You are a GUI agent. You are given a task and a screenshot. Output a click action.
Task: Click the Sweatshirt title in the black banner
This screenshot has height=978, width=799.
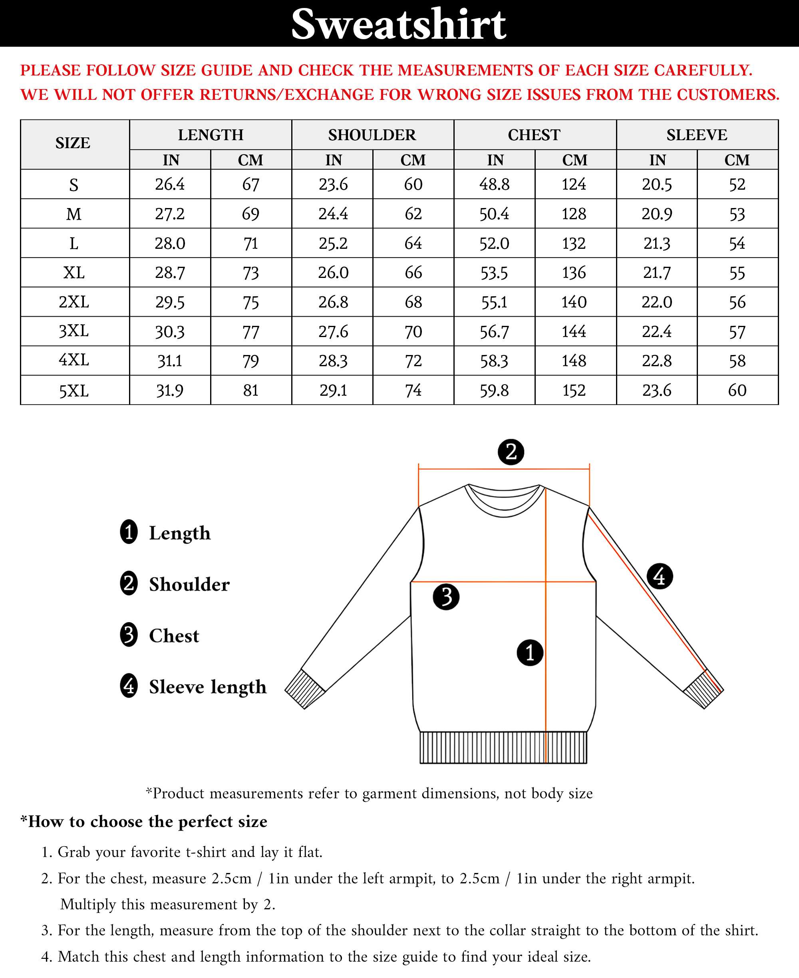[x=399, y=24]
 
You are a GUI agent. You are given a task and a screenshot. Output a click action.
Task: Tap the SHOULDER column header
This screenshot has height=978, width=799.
[x=372, y=135]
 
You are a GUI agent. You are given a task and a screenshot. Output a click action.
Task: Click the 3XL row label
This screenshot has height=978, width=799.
[x=74, y=331]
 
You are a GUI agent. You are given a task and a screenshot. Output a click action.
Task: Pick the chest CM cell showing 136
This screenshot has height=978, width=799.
[x=574, y=272]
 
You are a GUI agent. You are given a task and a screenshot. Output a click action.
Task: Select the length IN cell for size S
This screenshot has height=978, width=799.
[x=170, y=184]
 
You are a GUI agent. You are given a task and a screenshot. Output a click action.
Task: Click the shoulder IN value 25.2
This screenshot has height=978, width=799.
[x=333, y=243]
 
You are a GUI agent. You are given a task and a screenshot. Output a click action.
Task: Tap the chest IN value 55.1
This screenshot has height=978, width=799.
[x=494, y=302]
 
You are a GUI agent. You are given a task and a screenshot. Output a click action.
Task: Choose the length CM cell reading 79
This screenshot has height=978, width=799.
[x=251, y=361]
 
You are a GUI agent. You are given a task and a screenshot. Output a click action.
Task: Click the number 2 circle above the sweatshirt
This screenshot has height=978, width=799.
[x=511, y=452]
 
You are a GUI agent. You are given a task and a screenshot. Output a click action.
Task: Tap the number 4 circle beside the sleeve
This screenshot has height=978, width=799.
[x=660, y=576]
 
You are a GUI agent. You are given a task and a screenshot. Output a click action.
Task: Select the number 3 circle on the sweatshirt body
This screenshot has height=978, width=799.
[x=446, y=597]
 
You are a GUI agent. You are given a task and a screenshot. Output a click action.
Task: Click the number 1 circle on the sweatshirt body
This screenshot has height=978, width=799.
[x=530, y=652]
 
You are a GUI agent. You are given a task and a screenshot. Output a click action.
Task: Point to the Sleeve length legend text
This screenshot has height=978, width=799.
[x=208, y=687]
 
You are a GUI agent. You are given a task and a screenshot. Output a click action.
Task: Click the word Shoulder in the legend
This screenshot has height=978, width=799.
[x=189, y=584]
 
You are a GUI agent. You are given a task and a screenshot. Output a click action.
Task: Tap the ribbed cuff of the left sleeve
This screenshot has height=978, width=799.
[x=305, y=688]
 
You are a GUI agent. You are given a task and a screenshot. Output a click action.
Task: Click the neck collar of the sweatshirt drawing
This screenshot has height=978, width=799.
[x=503, y=502]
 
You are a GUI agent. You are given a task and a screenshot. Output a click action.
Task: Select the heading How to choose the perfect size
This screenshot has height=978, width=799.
[x=143, y=821]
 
